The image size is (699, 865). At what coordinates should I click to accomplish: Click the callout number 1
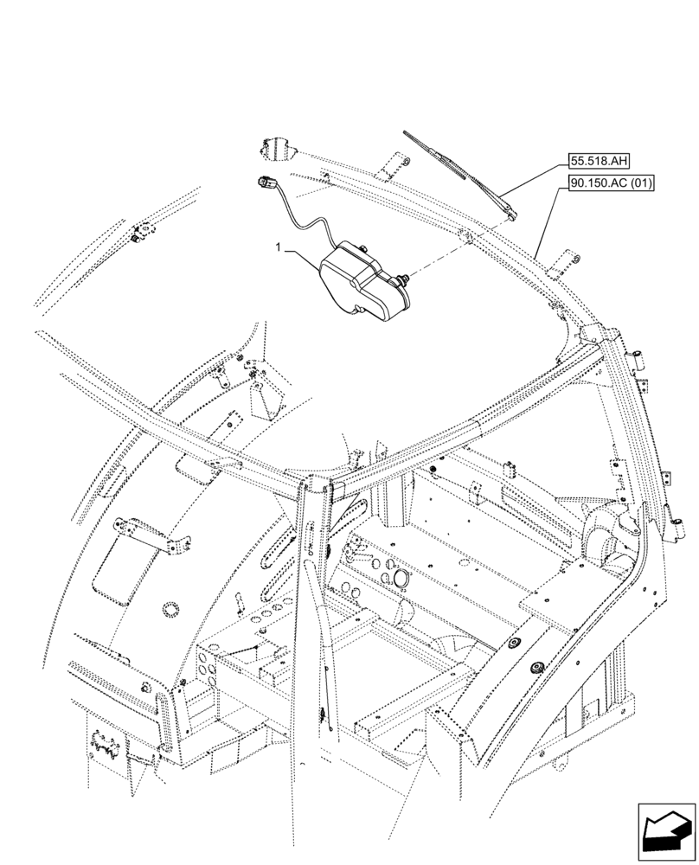pos(278,247)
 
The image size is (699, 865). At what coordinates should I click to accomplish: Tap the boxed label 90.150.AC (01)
pos(612,183)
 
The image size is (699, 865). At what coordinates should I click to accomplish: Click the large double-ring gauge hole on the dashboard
pos(399,577)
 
